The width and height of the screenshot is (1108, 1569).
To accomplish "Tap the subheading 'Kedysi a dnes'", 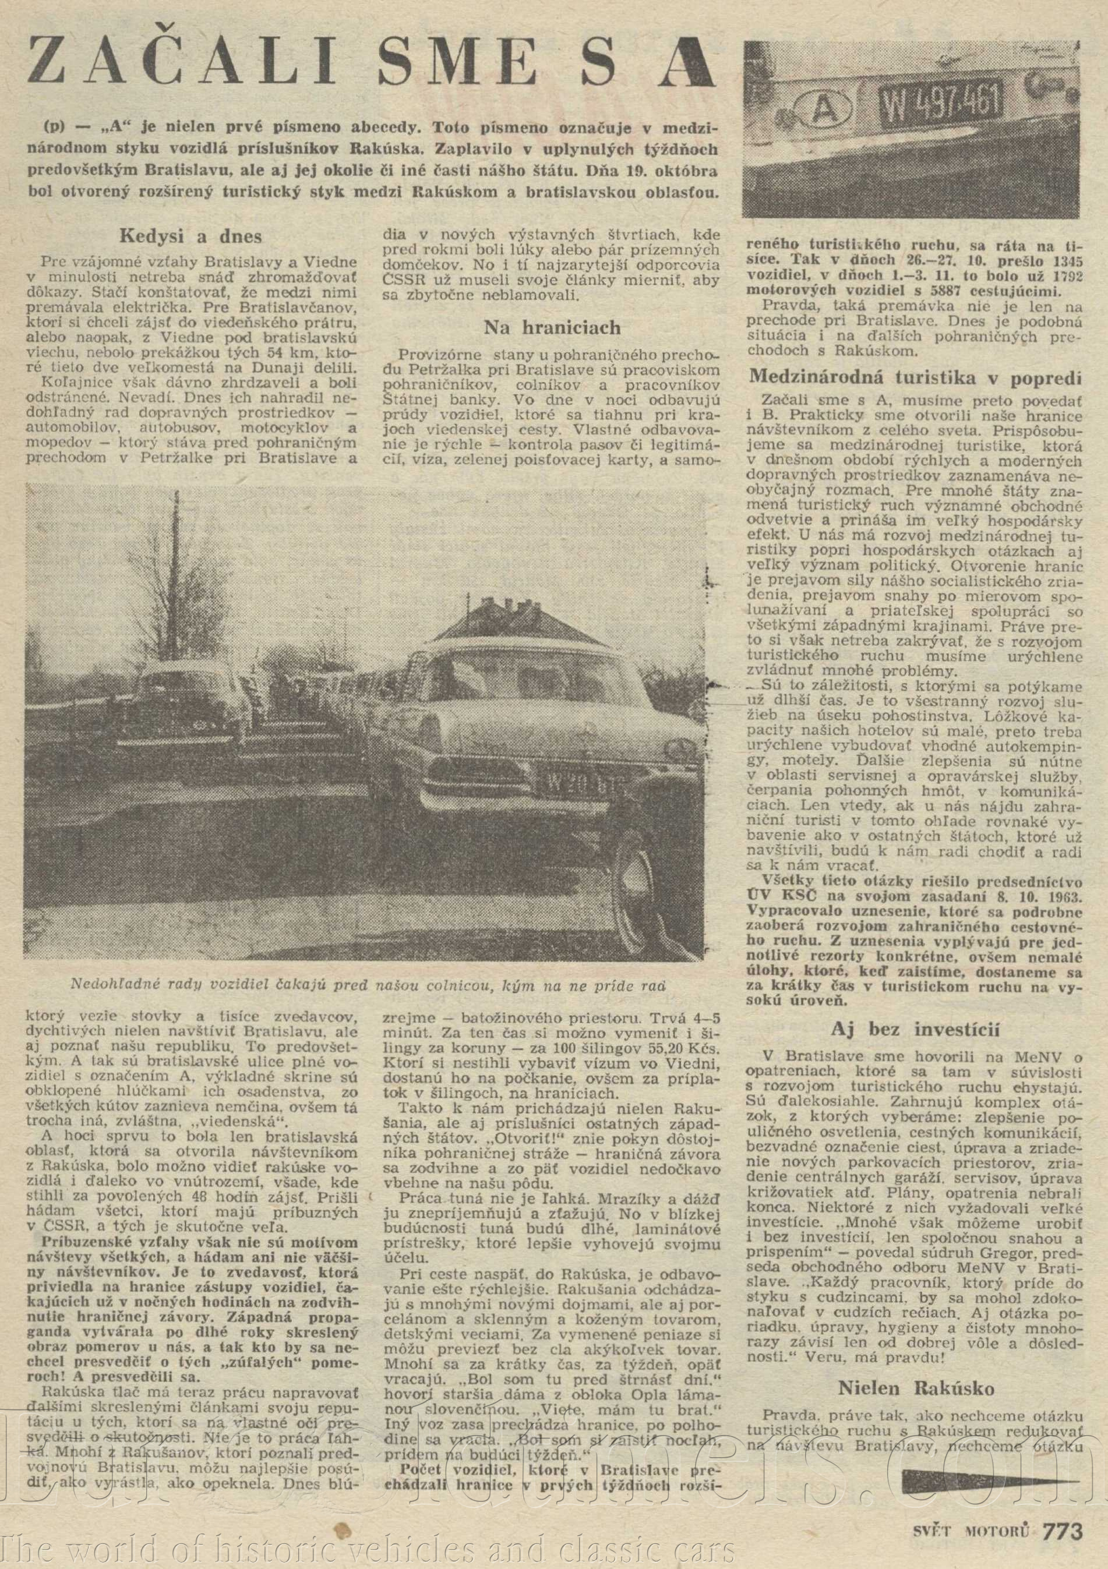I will (190, 236).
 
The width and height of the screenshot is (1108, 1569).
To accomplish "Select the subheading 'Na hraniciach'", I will (552, 327).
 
